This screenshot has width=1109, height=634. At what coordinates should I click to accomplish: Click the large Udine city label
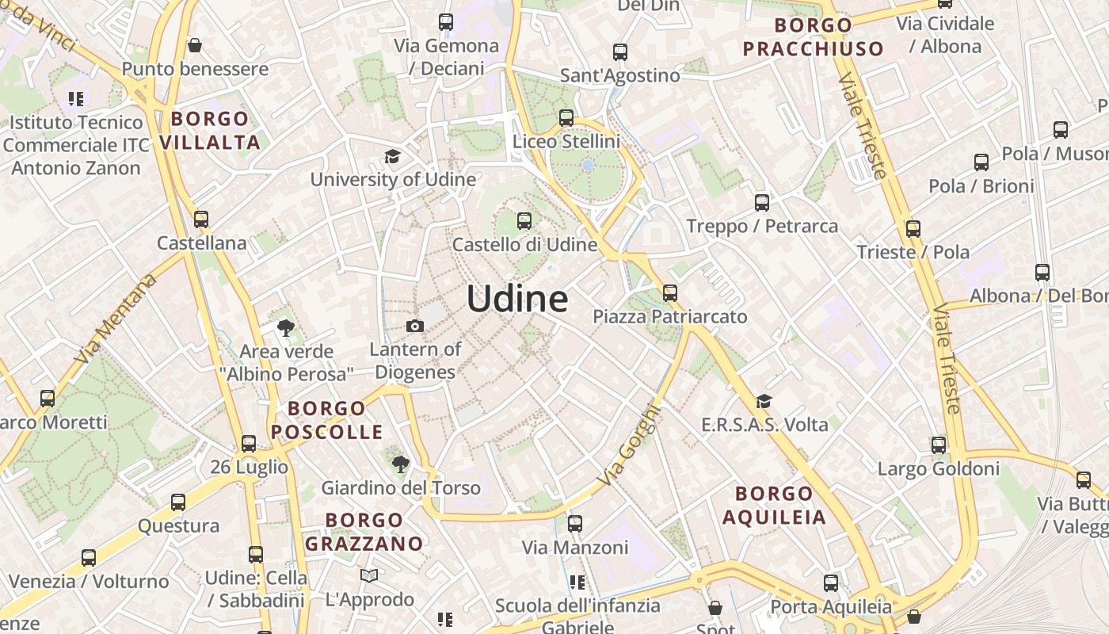click(516, 300)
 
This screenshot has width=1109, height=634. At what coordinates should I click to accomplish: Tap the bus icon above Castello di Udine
click(524, 221)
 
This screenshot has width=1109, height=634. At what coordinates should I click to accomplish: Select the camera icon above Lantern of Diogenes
click(414, 326)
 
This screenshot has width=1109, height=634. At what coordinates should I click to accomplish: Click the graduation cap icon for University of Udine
click(392, 156)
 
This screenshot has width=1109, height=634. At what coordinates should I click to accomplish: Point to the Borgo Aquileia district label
click(774, 506)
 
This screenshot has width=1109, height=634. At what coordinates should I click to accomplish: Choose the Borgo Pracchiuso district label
click(813, 36)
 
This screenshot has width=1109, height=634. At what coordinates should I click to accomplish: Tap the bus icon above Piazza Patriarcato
click(670, 293)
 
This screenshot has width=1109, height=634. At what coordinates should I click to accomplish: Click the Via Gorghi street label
click(629, 446)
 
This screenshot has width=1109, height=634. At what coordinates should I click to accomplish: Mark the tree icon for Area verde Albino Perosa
click(285, 327)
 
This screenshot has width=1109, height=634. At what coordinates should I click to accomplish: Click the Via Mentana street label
click(116, 319)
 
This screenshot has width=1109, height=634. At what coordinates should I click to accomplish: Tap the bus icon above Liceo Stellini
click(566, 118)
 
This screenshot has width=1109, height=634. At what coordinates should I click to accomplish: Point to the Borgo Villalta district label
click(210, 131)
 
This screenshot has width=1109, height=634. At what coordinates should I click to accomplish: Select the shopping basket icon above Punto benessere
click(195, 45)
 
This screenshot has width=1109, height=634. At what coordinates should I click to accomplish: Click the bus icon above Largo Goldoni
click(939, 445)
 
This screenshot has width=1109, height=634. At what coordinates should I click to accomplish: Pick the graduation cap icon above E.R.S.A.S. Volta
click(764, 402)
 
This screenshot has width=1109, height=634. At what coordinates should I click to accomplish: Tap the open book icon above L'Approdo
click(369, 575)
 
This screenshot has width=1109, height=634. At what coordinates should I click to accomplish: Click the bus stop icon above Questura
click(178, 502)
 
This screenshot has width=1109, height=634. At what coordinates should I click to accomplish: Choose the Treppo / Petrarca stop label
click(762, 226)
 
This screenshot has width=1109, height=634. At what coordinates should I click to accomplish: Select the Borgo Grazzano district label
click(364, 532)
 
